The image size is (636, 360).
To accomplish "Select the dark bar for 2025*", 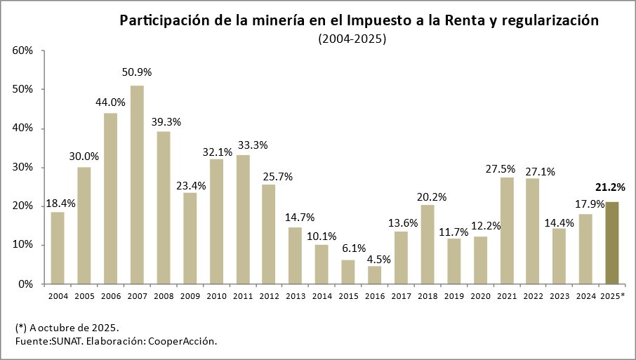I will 612,243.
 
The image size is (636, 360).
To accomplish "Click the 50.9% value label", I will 137,72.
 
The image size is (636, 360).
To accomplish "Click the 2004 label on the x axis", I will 58,296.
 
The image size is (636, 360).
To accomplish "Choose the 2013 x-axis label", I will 296,296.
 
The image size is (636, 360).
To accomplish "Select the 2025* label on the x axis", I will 613,296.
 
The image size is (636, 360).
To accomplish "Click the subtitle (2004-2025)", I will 352,39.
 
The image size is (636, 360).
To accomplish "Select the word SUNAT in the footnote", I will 65,341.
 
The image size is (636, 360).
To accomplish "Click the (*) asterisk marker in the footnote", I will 20,328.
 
